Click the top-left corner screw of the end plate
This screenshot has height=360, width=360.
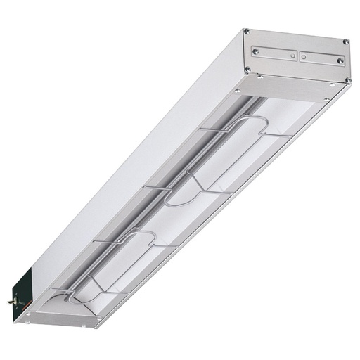tap(246, 32)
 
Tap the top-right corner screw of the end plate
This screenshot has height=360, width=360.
tap(345, 42)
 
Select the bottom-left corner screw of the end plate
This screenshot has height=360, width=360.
tap(247, 69)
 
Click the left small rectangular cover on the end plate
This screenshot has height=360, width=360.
tap(275, 53)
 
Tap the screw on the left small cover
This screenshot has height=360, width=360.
tap(255, 51)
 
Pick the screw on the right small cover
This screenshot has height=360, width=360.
tap(340, 61)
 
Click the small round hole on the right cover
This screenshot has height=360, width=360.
tap(303, 57)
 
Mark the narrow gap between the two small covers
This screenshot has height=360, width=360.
tap(299, 56)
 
